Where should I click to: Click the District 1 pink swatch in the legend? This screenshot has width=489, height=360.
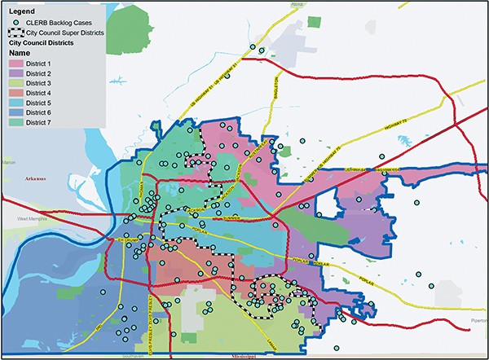coord(14,62)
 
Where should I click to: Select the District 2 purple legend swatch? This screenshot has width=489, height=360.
coord(14,72)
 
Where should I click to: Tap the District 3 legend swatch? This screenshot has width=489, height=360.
coord(14,83)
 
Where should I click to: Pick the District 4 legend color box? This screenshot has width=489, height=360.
coord(14,94)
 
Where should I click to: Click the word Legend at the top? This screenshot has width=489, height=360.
coord(20,10)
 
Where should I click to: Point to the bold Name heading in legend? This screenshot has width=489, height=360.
coord(19,51)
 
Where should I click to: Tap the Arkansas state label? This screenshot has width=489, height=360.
coord(37,178)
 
